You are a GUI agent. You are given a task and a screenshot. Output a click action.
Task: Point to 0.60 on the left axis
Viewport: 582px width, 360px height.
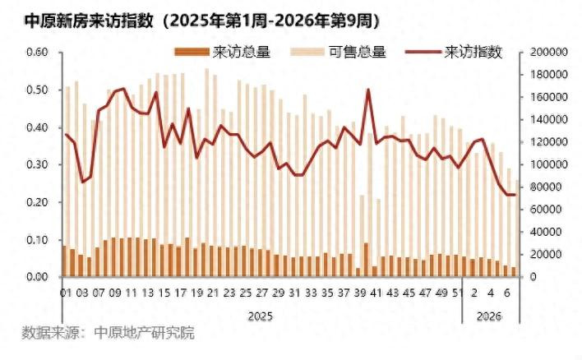point(38,52)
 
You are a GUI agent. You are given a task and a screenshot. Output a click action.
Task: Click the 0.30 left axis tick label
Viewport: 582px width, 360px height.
point(38,164)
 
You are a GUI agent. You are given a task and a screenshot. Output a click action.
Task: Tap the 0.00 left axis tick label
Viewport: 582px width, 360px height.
point(38,277)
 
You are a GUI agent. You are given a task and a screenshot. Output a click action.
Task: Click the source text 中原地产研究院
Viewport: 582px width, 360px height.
point(145,334)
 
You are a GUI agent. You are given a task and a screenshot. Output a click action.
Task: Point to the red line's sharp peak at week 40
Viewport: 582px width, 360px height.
point(367,90)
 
